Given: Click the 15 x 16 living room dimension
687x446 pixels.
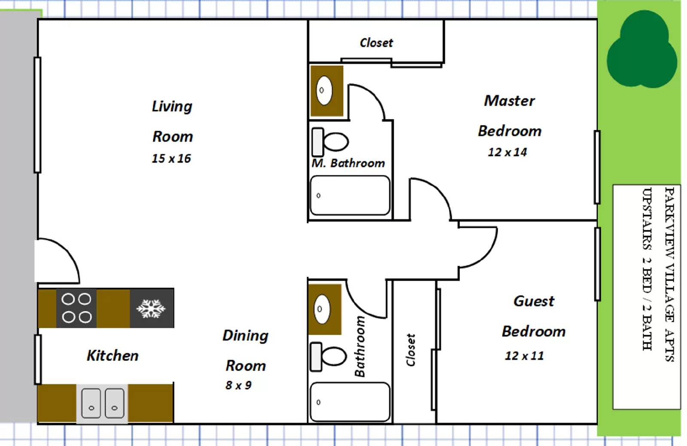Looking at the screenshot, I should [171, 159].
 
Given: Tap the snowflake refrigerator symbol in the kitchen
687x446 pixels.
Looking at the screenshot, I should [151, 309].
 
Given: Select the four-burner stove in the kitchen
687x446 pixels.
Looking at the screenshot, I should [76, 308].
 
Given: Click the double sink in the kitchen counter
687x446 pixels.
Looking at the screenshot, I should [103, 403].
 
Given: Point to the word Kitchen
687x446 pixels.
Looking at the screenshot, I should [112, 356].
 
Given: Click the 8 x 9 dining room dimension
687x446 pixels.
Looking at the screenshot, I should [238, 385].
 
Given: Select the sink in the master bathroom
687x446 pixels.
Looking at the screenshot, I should [324, 90].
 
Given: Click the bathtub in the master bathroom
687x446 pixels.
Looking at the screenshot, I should [350, 196].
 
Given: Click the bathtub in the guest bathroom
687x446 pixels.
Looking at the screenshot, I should [350, 402].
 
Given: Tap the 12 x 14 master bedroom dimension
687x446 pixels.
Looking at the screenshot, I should [507, 153].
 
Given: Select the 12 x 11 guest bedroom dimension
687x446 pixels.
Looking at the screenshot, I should [524, 356].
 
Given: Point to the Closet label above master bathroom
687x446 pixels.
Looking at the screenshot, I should [376, 43].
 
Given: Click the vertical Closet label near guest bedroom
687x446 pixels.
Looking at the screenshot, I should [411, 350].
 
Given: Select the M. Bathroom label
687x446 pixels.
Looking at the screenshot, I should [348, 163].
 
